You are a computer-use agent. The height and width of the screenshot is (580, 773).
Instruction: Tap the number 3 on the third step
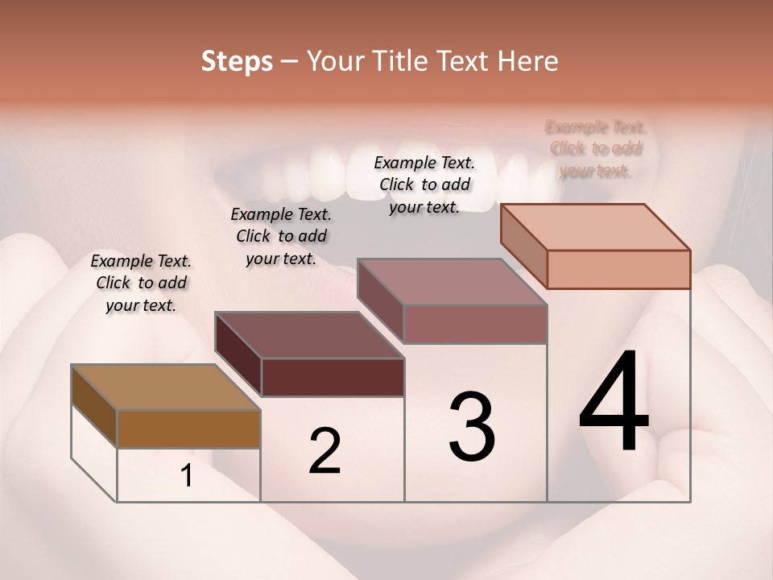coord(472,426)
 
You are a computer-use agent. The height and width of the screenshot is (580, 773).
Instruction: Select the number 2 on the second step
coord(324,451)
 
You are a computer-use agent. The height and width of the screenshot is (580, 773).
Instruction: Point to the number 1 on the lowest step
coord(187,476)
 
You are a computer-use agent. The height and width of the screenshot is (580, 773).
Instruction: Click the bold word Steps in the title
coord(237,61)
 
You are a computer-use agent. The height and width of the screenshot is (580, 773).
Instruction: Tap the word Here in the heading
coord(529,61)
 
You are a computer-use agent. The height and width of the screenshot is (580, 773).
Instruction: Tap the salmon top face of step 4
coord(596,227)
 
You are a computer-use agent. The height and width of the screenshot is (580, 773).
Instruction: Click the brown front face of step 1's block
coord(188,429)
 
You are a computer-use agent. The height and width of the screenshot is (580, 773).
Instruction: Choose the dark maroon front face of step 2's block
coord(333,377)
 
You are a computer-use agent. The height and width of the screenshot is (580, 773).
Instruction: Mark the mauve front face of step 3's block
coord(475,324)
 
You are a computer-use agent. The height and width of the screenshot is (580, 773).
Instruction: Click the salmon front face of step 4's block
coord(618,269)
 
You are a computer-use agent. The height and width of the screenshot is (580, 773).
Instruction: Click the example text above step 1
coord(141,283)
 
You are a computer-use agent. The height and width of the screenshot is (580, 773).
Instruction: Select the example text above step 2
coord(281,236)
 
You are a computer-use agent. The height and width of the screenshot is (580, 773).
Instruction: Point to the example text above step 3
coord(424,184)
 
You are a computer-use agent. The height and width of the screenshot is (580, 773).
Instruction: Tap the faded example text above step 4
coord(596,149)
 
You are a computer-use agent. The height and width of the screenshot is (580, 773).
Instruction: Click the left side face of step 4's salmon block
coord(523,245)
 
